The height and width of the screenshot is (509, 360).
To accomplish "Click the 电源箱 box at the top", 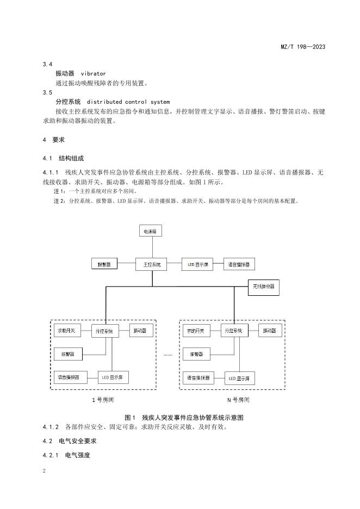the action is [x=150, y=231].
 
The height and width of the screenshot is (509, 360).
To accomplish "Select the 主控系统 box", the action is [x=152, y=265].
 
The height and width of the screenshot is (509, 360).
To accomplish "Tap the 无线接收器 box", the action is [x=264, y=287].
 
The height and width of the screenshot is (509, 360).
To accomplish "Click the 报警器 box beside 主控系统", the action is [x=104, y=265].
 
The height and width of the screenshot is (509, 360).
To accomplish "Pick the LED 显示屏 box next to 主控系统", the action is [x=198, y=265].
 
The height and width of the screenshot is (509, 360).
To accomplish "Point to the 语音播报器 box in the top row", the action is [x=239, y=265].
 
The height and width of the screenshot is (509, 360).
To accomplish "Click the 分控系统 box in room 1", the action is [x=105, y=331].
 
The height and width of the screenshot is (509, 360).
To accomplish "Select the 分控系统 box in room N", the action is [x=234, y=331].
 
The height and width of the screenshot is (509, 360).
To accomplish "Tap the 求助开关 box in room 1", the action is [x=67, y=331].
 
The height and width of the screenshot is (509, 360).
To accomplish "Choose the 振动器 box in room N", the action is [x=270, y=331].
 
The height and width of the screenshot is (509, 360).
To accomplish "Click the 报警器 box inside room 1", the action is [x=68, y=354].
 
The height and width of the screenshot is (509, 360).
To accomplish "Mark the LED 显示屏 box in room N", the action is [x=240, y=378].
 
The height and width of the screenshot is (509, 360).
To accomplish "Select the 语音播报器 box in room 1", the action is [x=70, y=377].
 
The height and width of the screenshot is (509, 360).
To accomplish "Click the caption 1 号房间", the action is [x=103, y=400].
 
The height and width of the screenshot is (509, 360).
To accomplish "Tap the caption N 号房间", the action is [x=238, y=400].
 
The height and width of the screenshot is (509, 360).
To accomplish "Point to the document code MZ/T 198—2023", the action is [x=303, y=47].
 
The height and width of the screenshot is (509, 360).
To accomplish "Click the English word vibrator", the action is [x=93, y=74].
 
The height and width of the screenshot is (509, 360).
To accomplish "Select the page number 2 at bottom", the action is [x=44, y=471].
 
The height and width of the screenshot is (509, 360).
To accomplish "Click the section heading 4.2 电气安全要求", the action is [x=70, y=441].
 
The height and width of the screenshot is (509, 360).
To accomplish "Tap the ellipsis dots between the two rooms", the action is [x=168, y=355].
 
